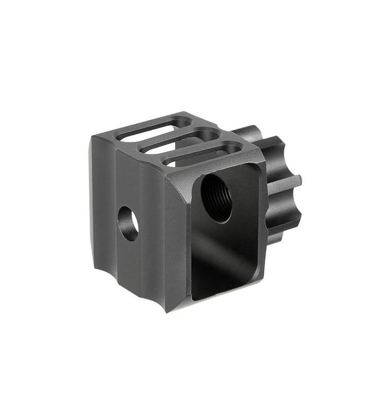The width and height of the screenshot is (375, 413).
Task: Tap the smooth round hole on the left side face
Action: tap(128, 224)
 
